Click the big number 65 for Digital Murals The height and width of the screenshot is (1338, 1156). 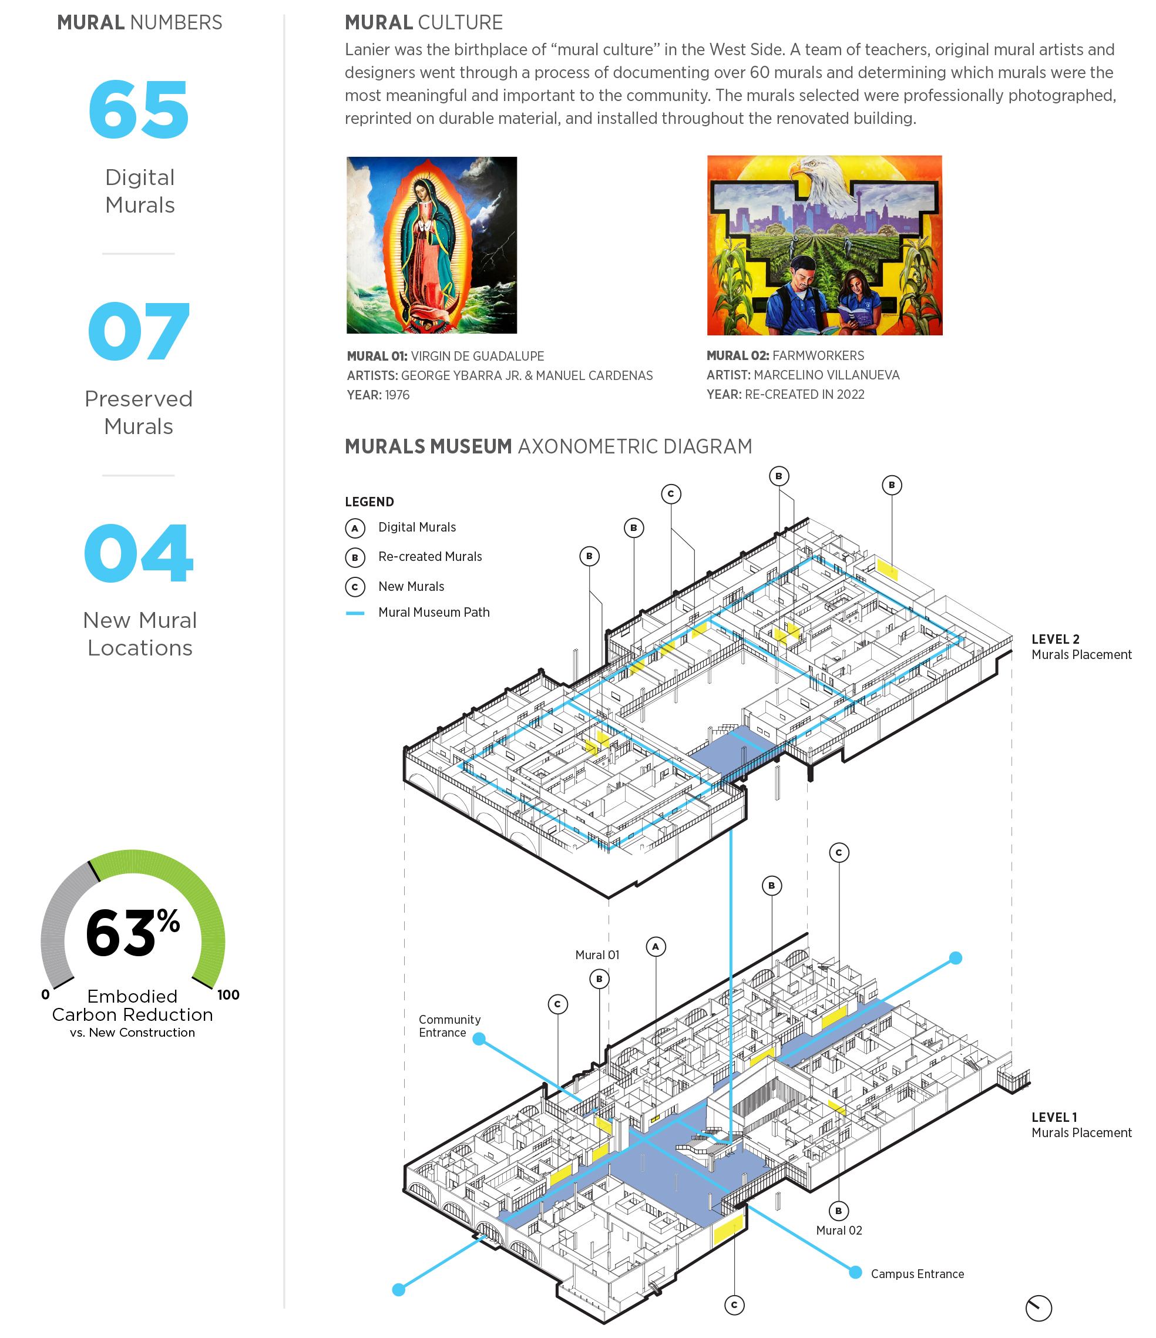(138, 110)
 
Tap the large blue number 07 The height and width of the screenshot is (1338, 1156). (139, 331)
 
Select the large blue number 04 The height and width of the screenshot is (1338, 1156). (139, 553)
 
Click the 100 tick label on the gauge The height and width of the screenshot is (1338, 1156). (228, 994)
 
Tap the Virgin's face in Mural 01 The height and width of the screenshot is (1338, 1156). (421, 190)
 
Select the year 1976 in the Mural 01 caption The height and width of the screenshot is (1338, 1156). (397, 395)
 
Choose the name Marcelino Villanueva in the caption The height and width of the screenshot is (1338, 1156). (826, 375)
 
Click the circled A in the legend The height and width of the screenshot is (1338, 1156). (355, 528)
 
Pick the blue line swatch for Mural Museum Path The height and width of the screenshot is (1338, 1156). (355, 613)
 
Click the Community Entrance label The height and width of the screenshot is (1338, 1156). (449, 1026)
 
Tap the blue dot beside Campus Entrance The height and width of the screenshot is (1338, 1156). (855, 1272)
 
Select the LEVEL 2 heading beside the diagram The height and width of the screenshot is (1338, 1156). (1055, 639)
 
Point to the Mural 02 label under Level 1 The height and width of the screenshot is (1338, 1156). (839, 1230)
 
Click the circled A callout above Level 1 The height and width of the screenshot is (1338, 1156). (656, 947)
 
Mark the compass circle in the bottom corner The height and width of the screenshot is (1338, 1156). (1039, 1307)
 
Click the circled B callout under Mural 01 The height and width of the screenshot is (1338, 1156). (599, 979)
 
